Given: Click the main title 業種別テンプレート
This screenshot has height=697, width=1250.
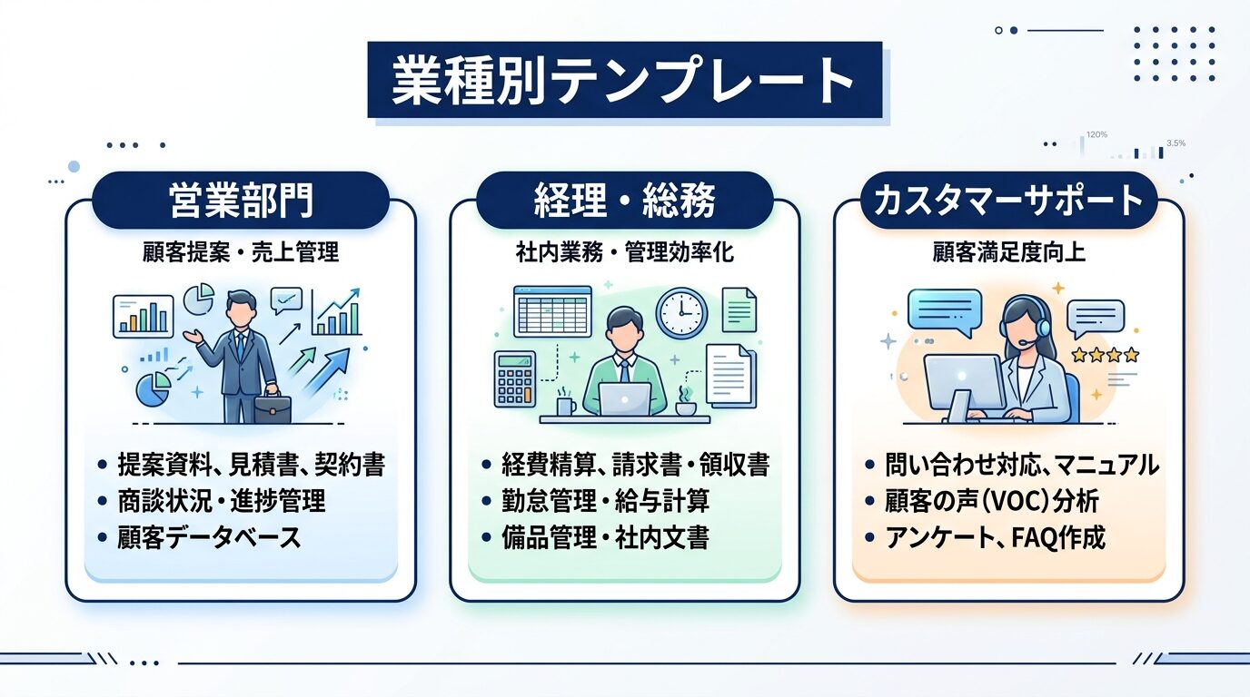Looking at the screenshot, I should pyautogui.click(x=624, y=80).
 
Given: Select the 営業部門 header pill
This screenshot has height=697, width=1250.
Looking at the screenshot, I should pyautogui.click(x=241, y=201).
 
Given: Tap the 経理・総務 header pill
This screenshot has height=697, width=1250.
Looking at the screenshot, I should pyautogui.click(x=624, y=201).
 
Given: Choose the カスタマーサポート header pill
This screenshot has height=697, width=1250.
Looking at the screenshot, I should pyautogui.click(x=1008, y=201).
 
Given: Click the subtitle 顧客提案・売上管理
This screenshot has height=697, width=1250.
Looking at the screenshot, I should pyautogui.click(x=241, y=253).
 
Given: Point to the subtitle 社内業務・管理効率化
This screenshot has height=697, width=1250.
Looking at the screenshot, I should pyautogui.click(x=624, y=253).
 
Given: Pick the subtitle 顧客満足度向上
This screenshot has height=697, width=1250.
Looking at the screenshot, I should pyautogui.click(x=1008, y=253).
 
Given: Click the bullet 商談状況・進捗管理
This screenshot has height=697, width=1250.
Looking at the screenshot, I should pyautogui.click(x=221, y=501).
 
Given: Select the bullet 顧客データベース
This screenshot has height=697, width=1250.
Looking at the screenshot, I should pyautogui.click(x=209, y=537).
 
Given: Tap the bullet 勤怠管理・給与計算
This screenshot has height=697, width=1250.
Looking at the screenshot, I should pyautogui.click(x=605, y=501).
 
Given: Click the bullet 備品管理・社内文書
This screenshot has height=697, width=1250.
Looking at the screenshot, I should pyautogui.click(x=605, y=537).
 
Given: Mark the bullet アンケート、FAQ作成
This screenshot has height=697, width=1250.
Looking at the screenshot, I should pyautogui.click(x=995, y=537).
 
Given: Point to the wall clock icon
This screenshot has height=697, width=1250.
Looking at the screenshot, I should pyautogui.click(x=681, y=313).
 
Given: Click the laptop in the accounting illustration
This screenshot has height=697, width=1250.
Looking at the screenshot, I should pyautogui.click(x=624, y=398).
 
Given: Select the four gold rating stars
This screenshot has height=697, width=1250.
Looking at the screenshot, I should pyautogui.click(x=1105, y=355).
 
